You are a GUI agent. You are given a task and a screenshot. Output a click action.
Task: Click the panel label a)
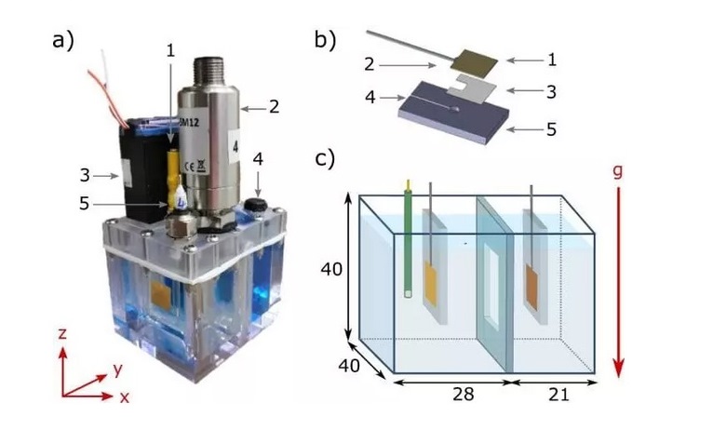[63, 40]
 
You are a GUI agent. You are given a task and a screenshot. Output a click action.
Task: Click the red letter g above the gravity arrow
[617, 172]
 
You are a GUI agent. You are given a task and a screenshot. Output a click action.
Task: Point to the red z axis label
[62, 333]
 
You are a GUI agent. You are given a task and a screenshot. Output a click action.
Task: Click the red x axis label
[125, 397]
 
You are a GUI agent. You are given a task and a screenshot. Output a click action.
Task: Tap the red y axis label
[118, 370]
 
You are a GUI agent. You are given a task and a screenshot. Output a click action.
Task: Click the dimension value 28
[464, 394]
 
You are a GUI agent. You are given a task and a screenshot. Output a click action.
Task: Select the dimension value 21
[558, 394]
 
